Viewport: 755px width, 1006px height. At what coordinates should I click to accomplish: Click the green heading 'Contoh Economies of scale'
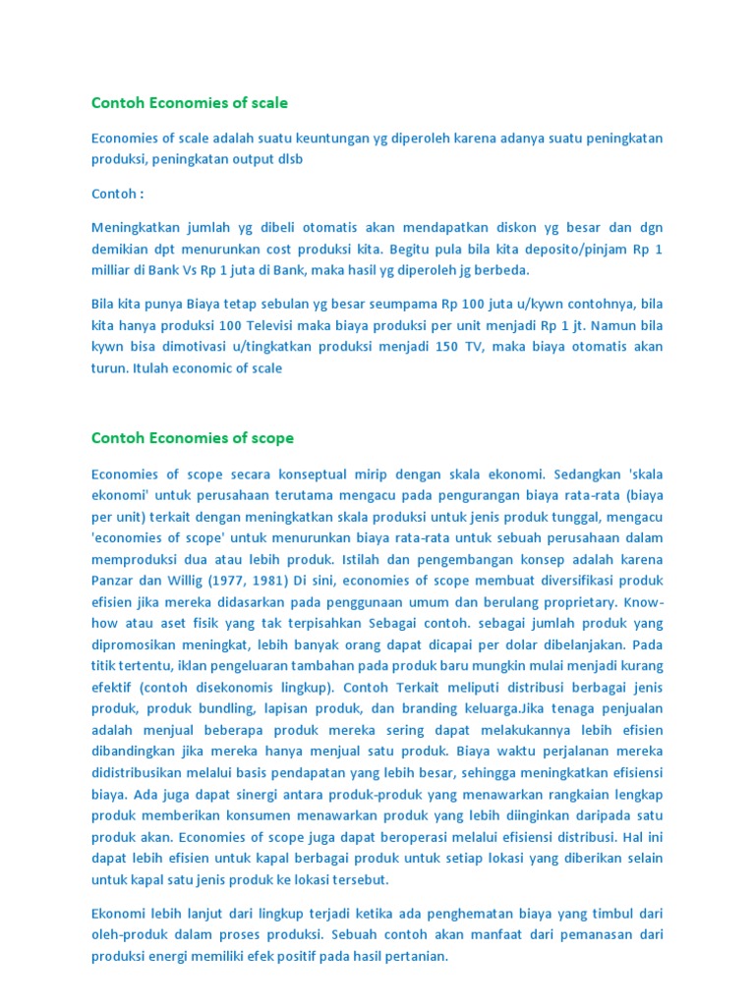pyautogui.click(x=190, y=102)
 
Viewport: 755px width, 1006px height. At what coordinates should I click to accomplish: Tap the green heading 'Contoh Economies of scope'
pyautogui.click(x=193, y=437)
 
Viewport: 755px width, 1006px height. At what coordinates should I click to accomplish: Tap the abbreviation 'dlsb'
pyautogui.click(x=289, y=159)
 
